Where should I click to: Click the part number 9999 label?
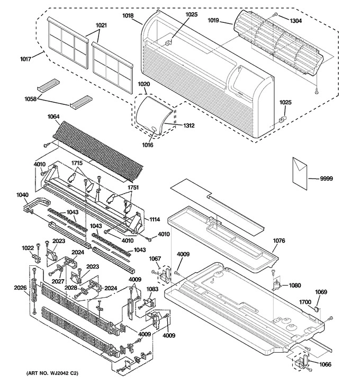[327, 179]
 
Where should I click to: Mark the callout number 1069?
[321, 292]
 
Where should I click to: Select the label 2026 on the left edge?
[20, 289]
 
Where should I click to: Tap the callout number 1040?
[22, 195]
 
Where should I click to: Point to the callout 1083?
[152, 290]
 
